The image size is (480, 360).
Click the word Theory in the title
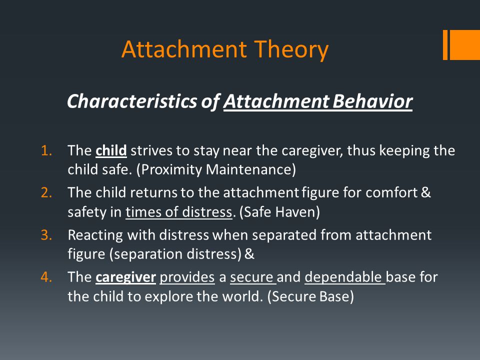click(x=291, y=50)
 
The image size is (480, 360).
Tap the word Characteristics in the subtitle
click(x=132, y=100)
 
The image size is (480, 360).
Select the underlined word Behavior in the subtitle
click(x=372, y=100)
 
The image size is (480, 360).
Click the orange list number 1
click(x=46, y=150)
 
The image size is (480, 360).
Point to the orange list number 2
click(x=46, y=192)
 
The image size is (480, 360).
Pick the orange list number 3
click(x=46, y=235)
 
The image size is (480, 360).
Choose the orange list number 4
click(x=46, y=277)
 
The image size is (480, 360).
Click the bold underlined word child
click(x=111, y=150)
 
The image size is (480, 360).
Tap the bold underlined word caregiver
click(x=126, y=277)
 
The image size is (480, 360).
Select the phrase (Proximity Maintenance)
click(x=216, y=169)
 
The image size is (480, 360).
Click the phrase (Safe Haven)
click(x=279, y=212)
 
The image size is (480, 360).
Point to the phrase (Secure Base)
click(x=310, y=296)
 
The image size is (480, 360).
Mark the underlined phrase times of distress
click(x=179, y=212)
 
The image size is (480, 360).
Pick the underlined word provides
click(x=187, y=277)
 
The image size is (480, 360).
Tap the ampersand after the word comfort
click(x=426, y=192)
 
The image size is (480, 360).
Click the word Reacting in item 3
click(x=95, y=235)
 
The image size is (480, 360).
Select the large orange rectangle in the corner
click(x=464, y=44)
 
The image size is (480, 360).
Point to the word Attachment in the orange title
click(x=184, y=50)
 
